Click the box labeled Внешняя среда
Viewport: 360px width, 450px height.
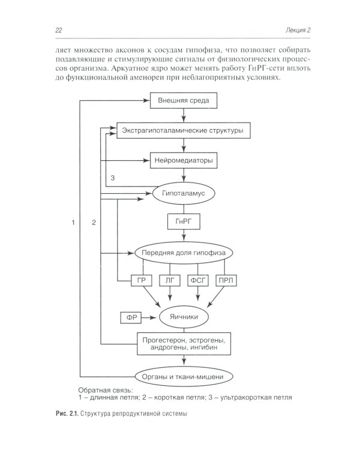pos(183,100)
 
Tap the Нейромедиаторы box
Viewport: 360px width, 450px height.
pos(183,161)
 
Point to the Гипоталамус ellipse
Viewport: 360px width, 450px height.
pos(183,193)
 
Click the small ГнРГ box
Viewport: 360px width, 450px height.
pos(183,223)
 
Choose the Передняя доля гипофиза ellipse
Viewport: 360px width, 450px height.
pos(183,253)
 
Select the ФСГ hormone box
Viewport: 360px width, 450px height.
pos(197,281)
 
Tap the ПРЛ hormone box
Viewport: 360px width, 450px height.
pos(224,281)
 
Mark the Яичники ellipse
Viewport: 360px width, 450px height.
pos(183,315)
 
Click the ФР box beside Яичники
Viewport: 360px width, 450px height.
pos(130,316)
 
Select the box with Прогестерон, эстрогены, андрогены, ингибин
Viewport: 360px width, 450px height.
pos(184,344)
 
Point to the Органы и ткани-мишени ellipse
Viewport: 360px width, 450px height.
pos(183,376)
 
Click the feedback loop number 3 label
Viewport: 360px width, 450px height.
pos(112,178)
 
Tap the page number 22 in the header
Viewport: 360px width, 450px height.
pos(58,30)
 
